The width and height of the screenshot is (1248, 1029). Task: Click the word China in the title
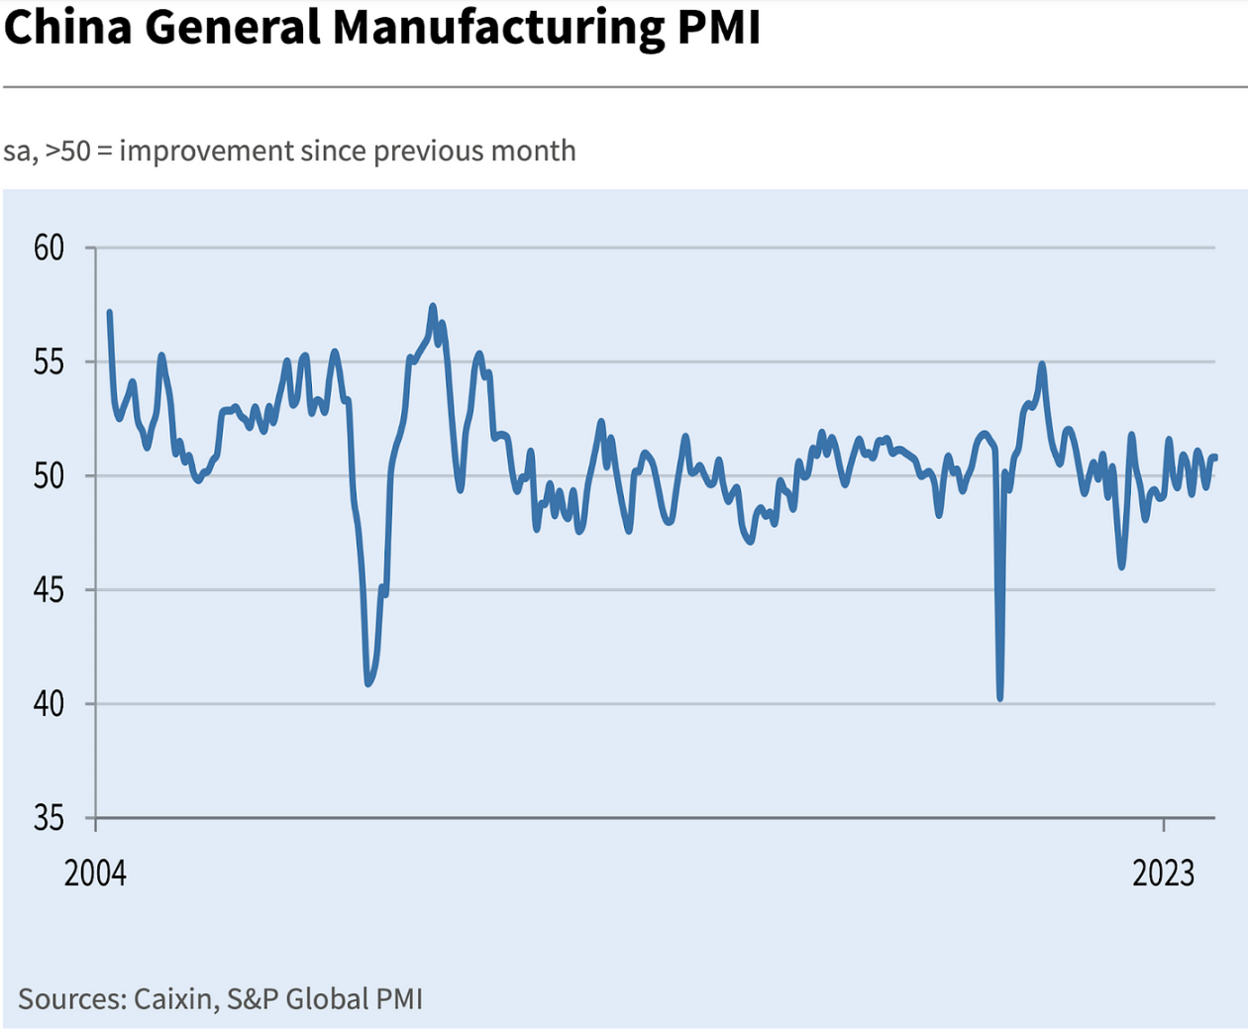coord(67,27)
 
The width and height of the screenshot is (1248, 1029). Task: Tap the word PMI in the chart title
coord(720,27)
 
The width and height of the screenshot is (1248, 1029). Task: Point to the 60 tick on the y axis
coord(49,248)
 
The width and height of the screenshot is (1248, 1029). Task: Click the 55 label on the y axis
coord(49,362)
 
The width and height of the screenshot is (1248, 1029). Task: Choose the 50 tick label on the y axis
coord(49,476)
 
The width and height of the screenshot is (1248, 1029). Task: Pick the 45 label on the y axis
coord(49,590)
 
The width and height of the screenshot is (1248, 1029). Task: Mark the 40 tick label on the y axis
coord(49,704)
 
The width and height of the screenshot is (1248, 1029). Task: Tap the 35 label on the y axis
coord(49,819)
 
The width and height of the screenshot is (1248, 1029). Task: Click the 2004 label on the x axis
coord(95,874)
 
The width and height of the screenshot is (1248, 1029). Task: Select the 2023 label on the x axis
coord(1164,874)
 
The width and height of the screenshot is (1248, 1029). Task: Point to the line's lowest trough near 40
coord(1000,698)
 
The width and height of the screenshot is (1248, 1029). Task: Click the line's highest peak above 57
coord(433,306)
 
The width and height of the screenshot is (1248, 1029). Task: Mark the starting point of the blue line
coord(109,313)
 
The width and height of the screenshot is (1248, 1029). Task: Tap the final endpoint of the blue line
coord(1215,457)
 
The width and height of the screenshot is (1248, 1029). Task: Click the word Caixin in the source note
coord(172,998)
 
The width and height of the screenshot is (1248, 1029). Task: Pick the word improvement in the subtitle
coord(207,151)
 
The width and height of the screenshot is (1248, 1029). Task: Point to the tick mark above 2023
coord(1164,825)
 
